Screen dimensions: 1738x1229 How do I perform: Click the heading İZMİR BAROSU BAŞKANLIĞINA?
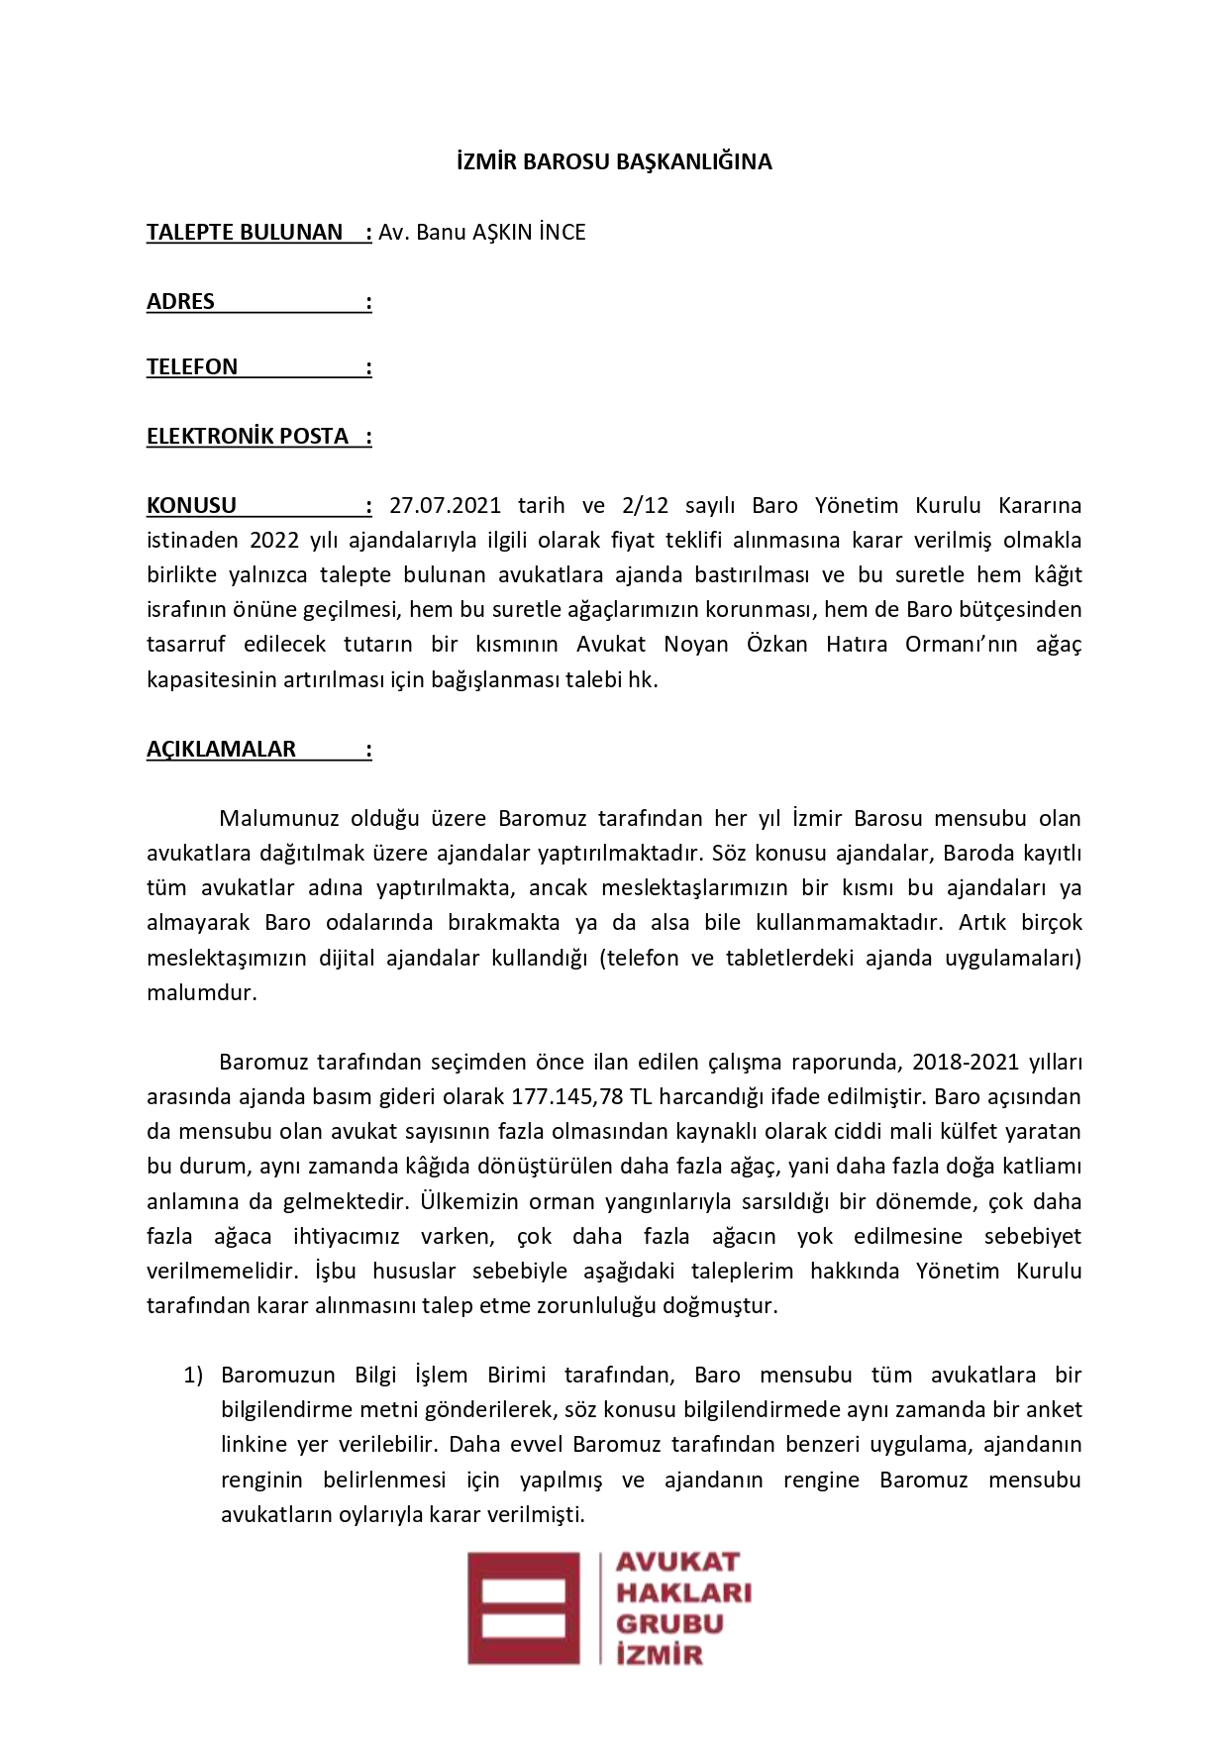tap(614, 161)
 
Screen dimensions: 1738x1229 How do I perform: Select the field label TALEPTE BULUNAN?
tap(245, 233)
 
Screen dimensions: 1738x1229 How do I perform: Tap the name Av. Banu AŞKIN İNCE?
tap(482, 233)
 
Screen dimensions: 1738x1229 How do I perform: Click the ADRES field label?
tap(180, 302)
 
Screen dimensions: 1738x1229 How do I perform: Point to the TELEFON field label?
tap(192, 367)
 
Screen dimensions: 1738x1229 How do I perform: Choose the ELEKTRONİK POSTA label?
tap(248, 437)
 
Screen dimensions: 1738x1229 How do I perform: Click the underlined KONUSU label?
tap(191, 506)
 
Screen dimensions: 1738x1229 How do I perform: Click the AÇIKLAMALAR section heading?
tap(221, 750)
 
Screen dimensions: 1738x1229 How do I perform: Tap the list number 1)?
tap(193, 1376)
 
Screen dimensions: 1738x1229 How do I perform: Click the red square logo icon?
tap(523, 1608)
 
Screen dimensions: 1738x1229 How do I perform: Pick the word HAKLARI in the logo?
tap(683, 1592)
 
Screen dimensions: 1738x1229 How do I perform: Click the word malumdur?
tap(201, 993)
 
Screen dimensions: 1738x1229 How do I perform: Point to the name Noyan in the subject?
tap(695, 645)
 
